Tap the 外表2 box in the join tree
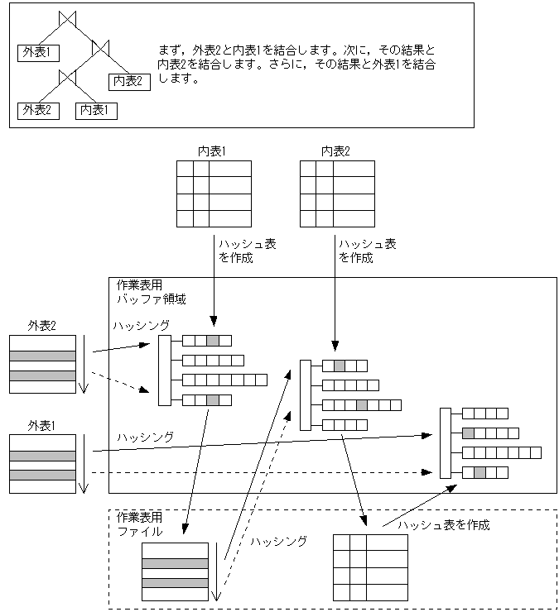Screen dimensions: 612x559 (x=38, y=110)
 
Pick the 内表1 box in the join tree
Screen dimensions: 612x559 (x=96, y=110)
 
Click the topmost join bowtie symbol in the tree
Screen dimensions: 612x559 (x=68, y=18)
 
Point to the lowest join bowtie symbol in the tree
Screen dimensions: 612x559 (x=68, y=76)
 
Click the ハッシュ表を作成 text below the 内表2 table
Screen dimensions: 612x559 (x=367, y=251)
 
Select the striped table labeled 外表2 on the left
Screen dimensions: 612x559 (x=42, y=364)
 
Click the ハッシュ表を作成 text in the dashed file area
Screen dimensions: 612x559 (x=444, y=525)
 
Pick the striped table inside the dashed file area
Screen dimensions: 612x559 (x=175, y=571)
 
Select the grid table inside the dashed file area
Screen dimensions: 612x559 (x=370, y=567)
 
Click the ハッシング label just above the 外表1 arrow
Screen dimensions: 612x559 (x=144, y=437)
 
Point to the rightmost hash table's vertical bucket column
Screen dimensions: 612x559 (x=445, y=443)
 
